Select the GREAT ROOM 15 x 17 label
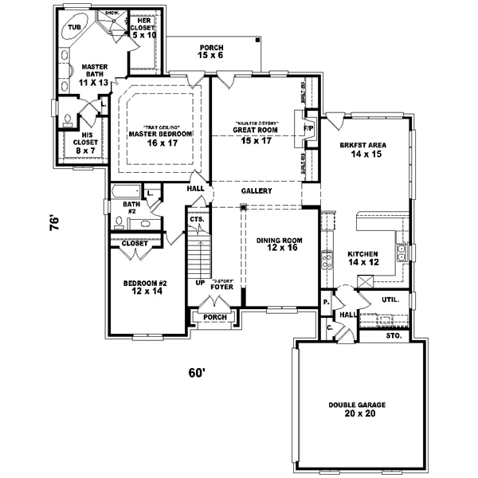pyautogui.click(x=255, y=135)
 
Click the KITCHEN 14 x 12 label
pyautogui.click(x=362, y=258)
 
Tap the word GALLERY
pyautogui.click(x=257, y=191)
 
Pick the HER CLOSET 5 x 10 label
pyautogui.click(x=143, y=29)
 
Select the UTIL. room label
pyautogui.click(x=390, y=300)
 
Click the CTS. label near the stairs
pyautogui.click(x=196, y=219)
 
